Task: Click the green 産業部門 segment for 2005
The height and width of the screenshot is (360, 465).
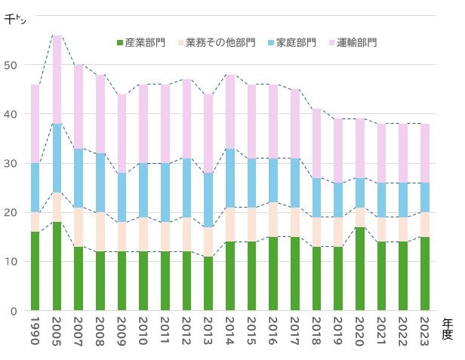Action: tap(57, 266)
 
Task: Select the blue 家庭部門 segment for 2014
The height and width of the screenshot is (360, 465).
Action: tap(230, 178)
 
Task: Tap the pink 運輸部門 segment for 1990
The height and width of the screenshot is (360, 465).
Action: tap(35, 124)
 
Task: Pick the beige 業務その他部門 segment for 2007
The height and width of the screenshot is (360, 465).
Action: tap(79, 227)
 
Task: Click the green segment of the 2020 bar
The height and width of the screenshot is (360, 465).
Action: tap(360, 269)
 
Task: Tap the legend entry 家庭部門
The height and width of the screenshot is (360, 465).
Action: tap(291, 42)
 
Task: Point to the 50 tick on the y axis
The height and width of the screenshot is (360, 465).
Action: tap(10, 65)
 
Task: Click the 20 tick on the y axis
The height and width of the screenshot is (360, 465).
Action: tap(10, 213)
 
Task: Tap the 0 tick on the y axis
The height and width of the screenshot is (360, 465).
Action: tap(13, 311)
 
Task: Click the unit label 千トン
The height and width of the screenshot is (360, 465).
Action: tap(15, 20)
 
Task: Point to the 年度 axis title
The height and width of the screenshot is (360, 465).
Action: tap(448, 328)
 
